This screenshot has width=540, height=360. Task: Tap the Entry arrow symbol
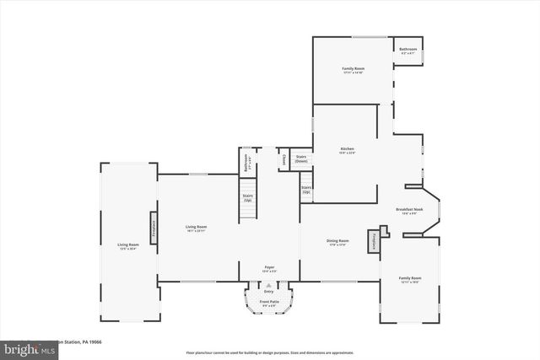pyautogui.click(x=269, y=286)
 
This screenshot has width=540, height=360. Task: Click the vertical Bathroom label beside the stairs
pyautogui.click(x=246, y=163)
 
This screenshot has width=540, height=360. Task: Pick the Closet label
pyautogui.click(x=283, y=159)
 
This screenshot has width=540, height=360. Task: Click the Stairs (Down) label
pyautogui.click(x=301, y=159)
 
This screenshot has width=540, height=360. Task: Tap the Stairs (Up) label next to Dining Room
pyautogui.click(x=306, y=189)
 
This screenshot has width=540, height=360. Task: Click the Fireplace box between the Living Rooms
pyautogui.click(x=154, y=228)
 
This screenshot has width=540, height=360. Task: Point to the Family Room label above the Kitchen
pyautogui.click(x=353, y=69)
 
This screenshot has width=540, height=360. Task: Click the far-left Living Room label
pyautogui.click(x=128, y=246)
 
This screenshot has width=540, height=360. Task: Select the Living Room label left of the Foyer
pyautogui.click(x=197, y=228)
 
